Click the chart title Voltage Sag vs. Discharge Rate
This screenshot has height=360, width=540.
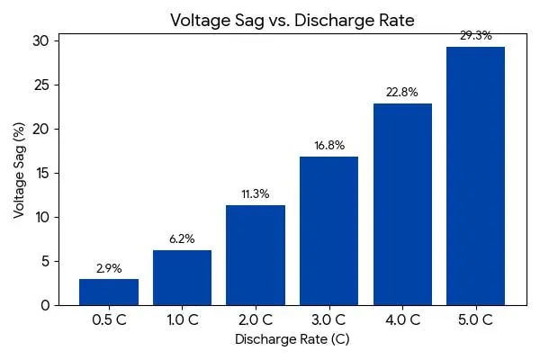point(292,20)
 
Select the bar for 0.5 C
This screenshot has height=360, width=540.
point(109,292)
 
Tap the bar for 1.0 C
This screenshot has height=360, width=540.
point(183,277)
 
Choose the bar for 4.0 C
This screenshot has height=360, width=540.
point(402,204)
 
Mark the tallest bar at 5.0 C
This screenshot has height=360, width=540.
point(475,175)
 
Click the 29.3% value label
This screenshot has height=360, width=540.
point(475,35)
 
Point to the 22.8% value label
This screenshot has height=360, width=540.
point(402,92)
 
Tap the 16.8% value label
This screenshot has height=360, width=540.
point(328,145)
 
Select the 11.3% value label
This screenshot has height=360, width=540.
point(256,193)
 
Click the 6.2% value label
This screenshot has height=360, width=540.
point(183,238)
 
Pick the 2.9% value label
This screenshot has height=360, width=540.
point(109,268)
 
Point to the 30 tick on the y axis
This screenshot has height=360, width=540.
point(41,40)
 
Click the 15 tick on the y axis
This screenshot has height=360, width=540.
point(41,173)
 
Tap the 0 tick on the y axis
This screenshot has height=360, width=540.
point(45,305)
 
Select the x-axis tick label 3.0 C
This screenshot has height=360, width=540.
point(328,319)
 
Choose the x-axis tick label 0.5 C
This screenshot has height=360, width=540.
point(109,319)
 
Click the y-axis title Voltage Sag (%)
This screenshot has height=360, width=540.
point(19,173)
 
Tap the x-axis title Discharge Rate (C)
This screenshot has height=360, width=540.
point(292,339)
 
